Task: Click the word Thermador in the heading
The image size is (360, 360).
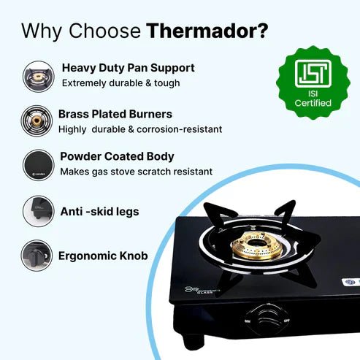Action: (207, 31)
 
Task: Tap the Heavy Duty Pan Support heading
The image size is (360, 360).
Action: (129, 68)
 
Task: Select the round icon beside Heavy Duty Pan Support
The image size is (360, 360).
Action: (38, 77)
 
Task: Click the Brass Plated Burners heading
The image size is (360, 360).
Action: (115, 114)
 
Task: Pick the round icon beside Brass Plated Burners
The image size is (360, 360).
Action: (37, 120)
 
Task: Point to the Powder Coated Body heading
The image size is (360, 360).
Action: (117, 156)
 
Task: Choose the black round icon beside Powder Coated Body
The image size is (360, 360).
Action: (39, 165)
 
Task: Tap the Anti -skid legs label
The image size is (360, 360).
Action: (99, 211)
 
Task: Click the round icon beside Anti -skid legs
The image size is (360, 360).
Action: (39, 211)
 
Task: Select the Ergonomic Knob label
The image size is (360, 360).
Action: (103, 256)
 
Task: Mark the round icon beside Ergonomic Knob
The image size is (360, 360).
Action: (37, 256)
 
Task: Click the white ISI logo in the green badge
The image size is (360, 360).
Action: (313, 74)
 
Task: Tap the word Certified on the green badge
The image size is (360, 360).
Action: (313, 103)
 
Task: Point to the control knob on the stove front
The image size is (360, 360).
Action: (267, 319)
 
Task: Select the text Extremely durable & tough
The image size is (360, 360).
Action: (121, 83)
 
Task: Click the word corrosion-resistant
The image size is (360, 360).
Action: (180, 129)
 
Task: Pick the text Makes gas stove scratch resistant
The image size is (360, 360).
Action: (137, 172)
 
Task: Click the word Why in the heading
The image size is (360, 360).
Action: (41, 31)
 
